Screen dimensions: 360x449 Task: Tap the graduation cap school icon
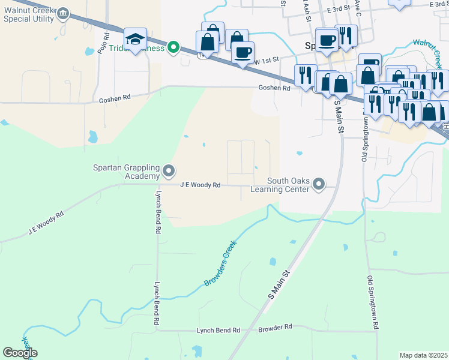tap(136, 40)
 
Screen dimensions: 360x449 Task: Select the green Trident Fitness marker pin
tap(174, 46)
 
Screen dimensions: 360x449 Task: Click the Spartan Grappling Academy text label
tap(126, 172)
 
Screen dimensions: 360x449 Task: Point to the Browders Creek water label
tap(220, 263)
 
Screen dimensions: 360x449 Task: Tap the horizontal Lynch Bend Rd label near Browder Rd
tap(218, 331)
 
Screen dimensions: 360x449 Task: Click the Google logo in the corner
tap(20, 353)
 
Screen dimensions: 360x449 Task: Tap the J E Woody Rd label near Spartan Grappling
tap(200, 185)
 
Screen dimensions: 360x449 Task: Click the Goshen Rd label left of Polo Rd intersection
tap(115, 98)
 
